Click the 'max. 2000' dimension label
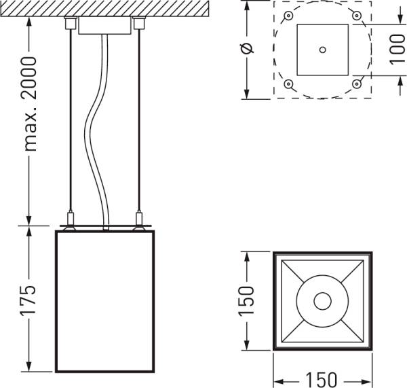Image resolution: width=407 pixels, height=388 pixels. coord(30,102)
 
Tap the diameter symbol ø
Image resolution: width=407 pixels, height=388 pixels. coord(247,48)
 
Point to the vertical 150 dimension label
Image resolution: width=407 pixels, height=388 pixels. coord(247,299)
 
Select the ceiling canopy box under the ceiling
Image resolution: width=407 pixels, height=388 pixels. coord(104,26)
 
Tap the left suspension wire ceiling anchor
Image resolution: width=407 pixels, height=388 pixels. coord(69,24)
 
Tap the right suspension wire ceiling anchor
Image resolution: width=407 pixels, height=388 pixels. coord(140,24)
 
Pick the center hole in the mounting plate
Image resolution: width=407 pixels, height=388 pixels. coord(322,49)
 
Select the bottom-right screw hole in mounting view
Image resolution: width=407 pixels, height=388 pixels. coord(356,84)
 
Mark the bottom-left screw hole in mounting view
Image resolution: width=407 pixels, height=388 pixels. coord(289,84)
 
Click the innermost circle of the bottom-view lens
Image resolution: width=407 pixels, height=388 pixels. coord(322,300)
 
